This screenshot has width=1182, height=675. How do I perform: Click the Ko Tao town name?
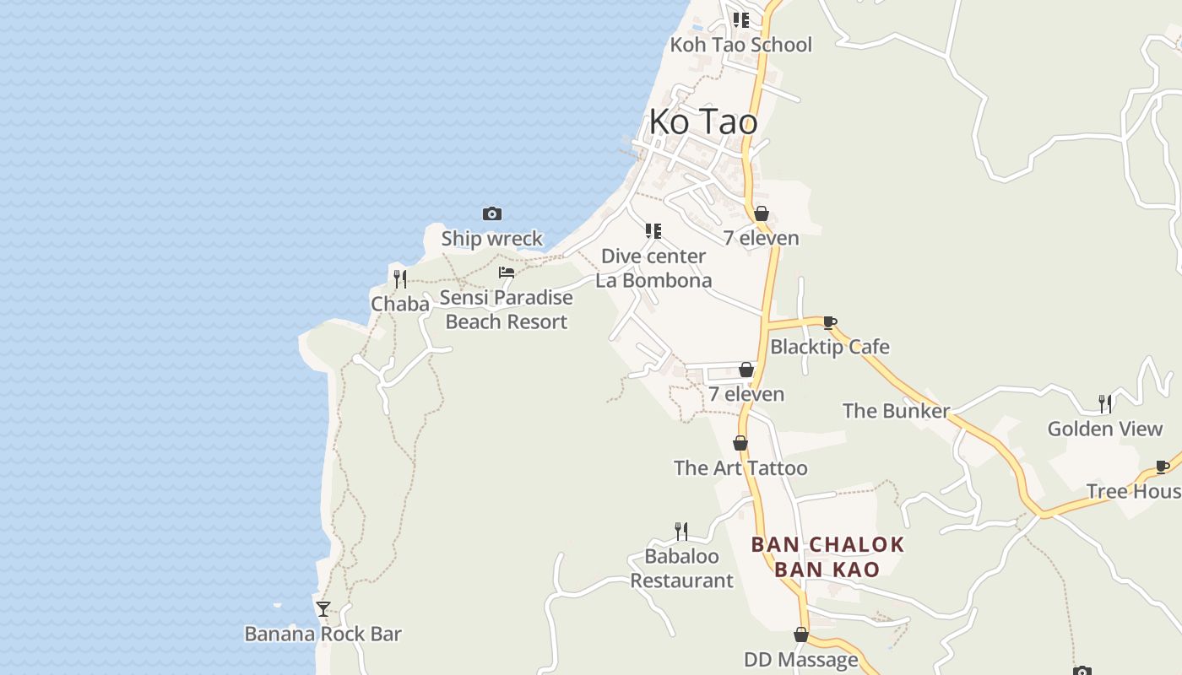pos(703,122)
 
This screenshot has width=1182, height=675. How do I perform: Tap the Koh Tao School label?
pos(740,45)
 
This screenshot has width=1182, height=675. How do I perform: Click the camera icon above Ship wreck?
pos(492,213)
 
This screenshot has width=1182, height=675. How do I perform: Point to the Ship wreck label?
pos(492,239)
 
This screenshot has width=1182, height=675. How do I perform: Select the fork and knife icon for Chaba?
pos(400,278)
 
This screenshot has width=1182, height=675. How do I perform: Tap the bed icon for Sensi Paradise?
pos(507,273)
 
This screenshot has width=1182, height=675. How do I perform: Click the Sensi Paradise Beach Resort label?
pos(507,310)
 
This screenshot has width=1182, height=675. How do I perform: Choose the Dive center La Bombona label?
pos(653,268)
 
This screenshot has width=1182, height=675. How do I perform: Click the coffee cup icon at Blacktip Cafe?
pos(829,322)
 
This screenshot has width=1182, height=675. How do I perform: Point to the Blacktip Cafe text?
pos(830,347)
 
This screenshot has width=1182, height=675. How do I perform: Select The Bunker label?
pos(897,411)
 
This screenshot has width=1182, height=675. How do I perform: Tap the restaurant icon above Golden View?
pos(1104,403)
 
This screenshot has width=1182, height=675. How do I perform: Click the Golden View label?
pos(1105,429)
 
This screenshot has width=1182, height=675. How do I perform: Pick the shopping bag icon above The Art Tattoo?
pos(740,443)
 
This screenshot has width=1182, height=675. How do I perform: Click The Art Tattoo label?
pos(740,468)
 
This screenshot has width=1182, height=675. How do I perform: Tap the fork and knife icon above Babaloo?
pos(681,531)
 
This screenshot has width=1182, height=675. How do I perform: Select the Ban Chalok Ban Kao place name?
pos(827,557)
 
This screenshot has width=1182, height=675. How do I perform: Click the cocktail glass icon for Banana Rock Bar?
pos(323,608)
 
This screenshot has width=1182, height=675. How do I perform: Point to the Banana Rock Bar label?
pos(323,634)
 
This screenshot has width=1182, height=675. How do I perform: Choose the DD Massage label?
pos(800,659)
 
